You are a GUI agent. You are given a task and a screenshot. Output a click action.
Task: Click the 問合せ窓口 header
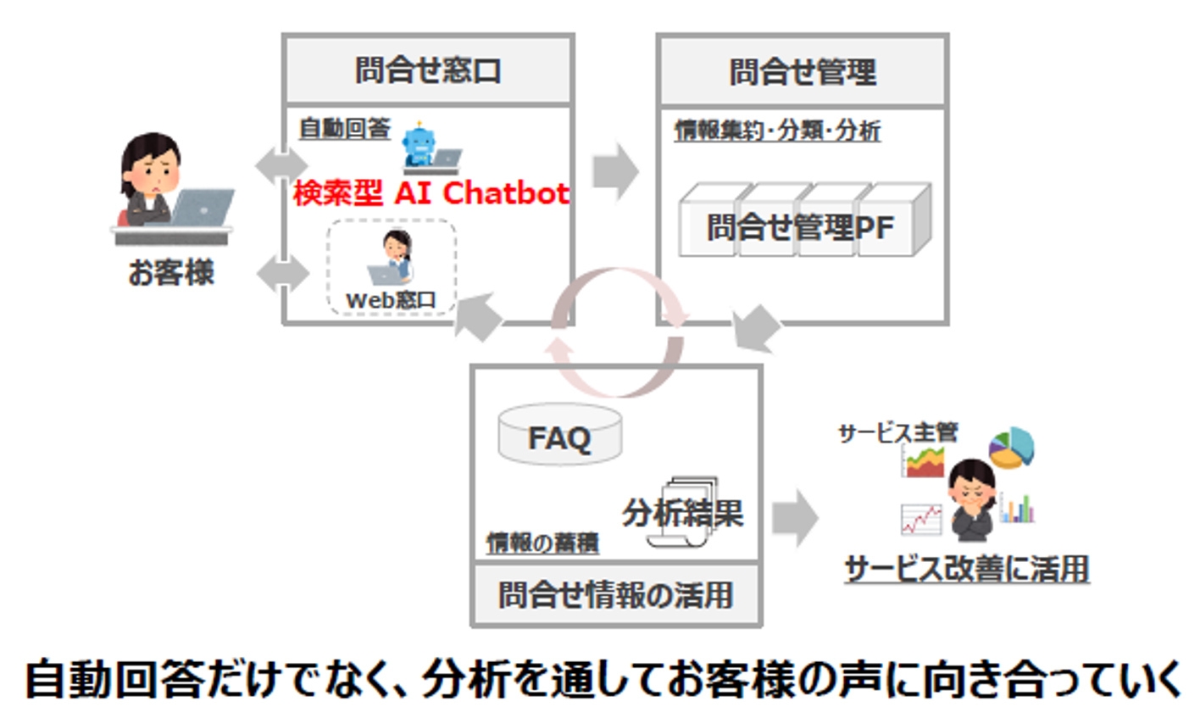[428, 70]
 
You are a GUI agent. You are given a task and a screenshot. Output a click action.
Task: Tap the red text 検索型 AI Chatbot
[431, 193]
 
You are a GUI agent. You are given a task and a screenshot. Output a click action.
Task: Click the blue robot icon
[418, 146]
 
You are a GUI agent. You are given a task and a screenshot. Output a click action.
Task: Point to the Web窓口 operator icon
[393, 257]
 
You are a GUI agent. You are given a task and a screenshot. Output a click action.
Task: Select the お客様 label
[170, 273]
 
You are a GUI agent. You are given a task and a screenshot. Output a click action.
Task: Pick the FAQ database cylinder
[559, 436]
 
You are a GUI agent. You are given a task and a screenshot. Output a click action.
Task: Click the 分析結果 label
[683, 512]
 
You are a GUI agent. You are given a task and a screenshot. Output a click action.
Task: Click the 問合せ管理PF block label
[801, 227]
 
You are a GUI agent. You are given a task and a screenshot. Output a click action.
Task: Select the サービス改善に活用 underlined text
[967, 569]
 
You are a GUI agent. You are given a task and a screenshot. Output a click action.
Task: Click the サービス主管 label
[897, 432]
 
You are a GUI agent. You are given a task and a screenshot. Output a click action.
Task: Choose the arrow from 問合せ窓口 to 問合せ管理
[614, 171]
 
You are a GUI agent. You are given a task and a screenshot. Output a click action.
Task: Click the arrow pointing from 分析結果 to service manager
[794, 516]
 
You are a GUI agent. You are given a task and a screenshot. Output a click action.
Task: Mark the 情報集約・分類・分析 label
[777, 131]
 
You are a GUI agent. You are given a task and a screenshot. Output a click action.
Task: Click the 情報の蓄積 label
[542, 543]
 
